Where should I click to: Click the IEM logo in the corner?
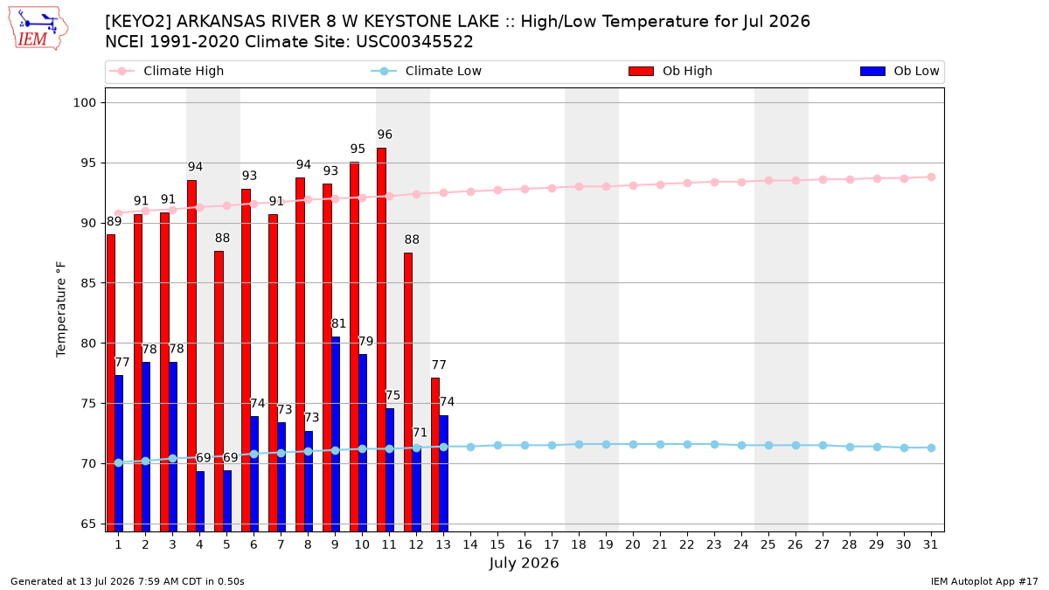pyautogui.click(x=38, y=28)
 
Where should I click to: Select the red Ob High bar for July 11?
pyautogui.click(x=382, y=339)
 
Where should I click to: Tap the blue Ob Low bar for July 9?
pyautogui.click(x=336, y=434)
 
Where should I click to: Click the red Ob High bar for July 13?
pyautogui.click(x=435, y=455)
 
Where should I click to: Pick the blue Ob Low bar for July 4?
pyautogui.click(x=200, y=501)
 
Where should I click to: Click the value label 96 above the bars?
pyautogui.click(x=385, y=135)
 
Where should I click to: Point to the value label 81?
pyautogui.click(x=338, y=323)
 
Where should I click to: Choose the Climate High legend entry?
pyautogui.click(x=167, y=71)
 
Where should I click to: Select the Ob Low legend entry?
pyautogui.click(x=900, y=71)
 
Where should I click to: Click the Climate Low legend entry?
pyautogui.click(x=427, y=71)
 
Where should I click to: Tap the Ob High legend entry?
pyautogui.click(x=670, y=71)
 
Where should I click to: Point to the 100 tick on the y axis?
pyautogui.click(x=84, y=102)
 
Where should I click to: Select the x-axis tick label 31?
pyautogui.click(x=930, y=545)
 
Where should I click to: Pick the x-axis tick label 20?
pyautogui.click(x=633, y=545)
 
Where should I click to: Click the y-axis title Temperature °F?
pyautogui.click(x=61, y=309)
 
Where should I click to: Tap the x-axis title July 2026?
pyautogui.click(x=524, y=563)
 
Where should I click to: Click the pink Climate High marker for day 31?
pyautogui.click(x=931, y=177)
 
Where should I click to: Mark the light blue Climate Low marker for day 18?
pyautogui.click(x=579, y=444)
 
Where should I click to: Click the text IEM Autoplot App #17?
pyautogui.click(x=984, y=581)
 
